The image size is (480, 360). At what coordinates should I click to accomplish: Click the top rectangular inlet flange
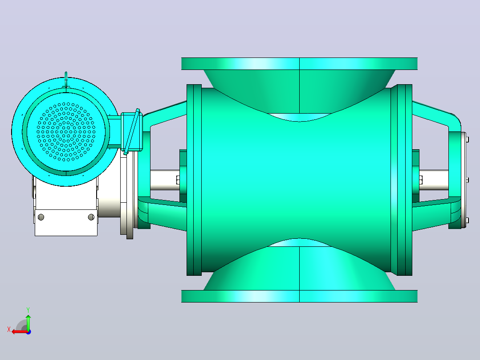(x=299, y=64)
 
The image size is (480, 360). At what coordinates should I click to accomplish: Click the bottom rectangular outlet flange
(x=299, y=296)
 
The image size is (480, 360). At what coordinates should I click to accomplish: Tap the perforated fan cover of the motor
(x=66, y=132)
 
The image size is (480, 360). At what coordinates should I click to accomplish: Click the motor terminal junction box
(x=132, y=132)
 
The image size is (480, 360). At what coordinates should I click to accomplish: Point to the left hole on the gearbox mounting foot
(x=41, y=217)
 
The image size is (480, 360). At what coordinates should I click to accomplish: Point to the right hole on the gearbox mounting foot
(x=91, y=217)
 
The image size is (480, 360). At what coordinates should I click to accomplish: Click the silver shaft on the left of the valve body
(x=165, y=180)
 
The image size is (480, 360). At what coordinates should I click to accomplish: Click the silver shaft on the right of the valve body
(x=434, y=180)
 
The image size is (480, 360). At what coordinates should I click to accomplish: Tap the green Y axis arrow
(x=28, y=322)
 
